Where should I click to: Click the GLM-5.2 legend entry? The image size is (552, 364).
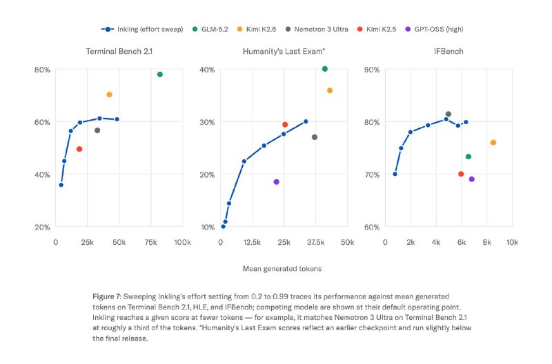point(210,29)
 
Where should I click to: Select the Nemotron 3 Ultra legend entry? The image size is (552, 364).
point(317,29)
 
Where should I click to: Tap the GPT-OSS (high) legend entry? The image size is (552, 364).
point(434,29)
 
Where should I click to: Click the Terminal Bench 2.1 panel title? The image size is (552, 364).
point(119,51)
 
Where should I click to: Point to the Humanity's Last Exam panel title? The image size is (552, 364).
point(284,51)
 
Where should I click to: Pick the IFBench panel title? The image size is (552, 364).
point(448,51)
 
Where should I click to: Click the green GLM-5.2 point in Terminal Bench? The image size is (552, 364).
point(160,74)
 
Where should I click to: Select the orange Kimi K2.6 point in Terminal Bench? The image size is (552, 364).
point(109,94)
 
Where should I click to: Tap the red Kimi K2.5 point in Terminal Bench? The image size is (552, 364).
point(79,149)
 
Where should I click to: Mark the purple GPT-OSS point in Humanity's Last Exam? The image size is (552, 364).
point(277,182)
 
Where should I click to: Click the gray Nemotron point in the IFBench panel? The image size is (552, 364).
point(448,114)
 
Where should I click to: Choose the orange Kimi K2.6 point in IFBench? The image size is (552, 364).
point(493,143)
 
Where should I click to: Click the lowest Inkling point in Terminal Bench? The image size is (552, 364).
point(61,185)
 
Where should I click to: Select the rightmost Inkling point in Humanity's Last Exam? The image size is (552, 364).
point(306,122)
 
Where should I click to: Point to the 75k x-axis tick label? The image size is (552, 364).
point(150,242)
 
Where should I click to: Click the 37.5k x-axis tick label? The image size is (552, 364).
point(316,242)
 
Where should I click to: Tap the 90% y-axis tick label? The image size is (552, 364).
point(372,70)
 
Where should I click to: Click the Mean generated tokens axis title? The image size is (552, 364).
point(282,269)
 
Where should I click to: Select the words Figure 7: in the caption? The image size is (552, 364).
point(107,296)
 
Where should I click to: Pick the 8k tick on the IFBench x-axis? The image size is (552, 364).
point(487,242)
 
